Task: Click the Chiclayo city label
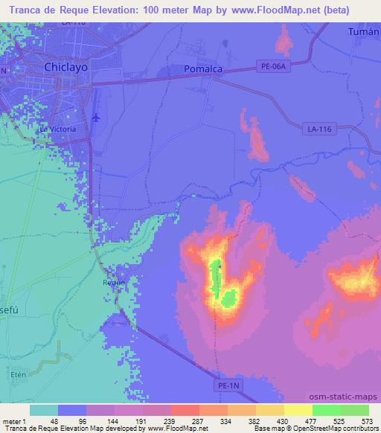pos(66,67)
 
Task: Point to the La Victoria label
pos(58,129)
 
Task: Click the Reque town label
pos(114,282)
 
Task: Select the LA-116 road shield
pos(318,129)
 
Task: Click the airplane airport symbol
pos(96,117)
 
